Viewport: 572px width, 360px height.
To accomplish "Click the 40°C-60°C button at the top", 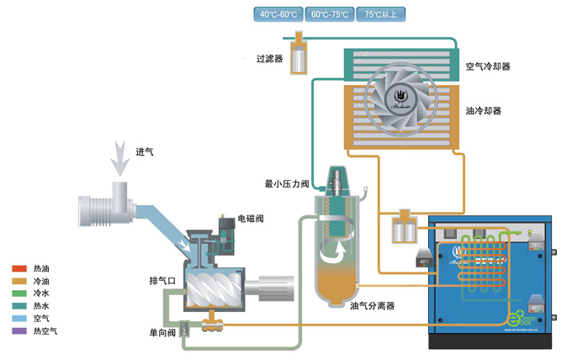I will click(x=278, y=13).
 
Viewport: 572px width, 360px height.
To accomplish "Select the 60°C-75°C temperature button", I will click(x=330, y=13).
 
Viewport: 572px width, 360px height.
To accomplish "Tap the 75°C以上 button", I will click(x=381, y=13).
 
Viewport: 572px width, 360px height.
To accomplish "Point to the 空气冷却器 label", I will click(x=489, y=65).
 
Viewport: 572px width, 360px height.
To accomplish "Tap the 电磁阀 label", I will click(x=251, y=219).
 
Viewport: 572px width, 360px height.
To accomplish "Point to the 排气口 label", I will click(x=162, y=280).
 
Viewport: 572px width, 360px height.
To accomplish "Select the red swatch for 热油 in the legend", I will click(x=19, y=268).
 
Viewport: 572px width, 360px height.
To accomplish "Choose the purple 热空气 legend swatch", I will click(x=19, y=331).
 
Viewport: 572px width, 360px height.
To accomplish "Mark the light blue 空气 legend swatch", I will click(x=19, y=319).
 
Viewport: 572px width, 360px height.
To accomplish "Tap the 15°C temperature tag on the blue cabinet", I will click(x=536, y=246).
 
